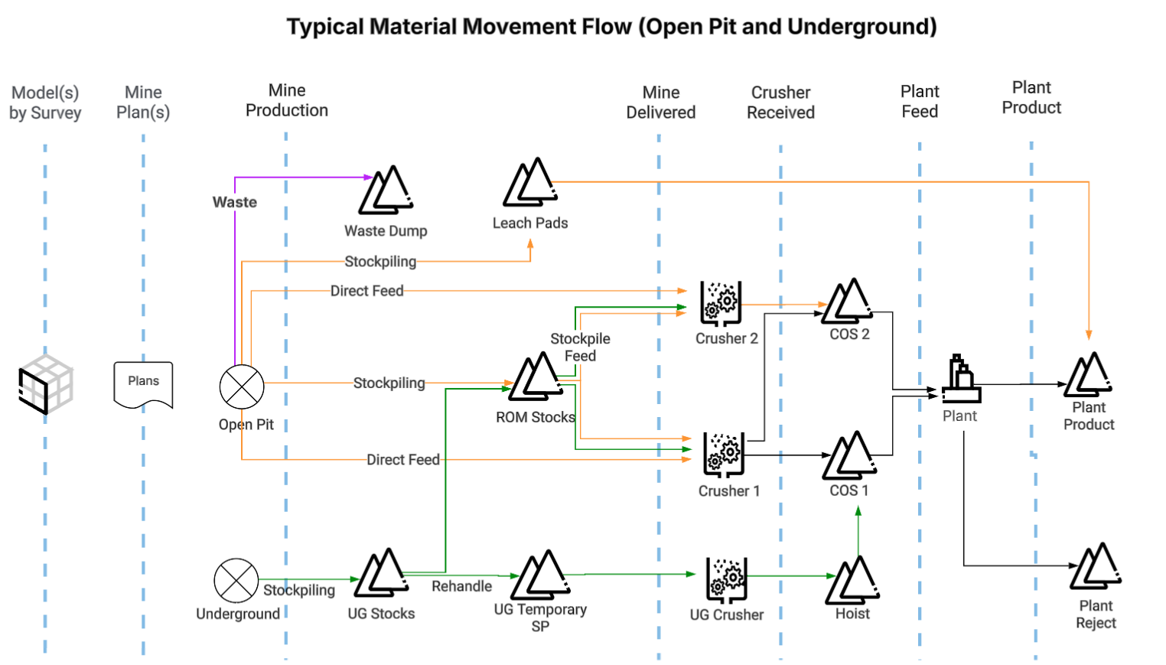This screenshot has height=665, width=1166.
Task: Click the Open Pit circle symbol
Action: coord(242,386)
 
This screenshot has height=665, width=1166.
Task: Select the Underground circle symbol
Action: coord(236,581)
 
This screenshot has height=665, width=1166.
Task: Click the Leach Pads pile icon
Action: coord(529,183)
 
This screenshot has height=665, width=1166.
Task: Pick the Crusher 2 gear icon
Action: coord(721,302)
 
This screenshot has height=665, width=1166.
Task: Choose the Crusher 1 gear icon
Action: coord(723,454)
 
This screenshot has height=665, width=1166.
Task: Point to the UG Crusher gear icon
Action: coord(725,579)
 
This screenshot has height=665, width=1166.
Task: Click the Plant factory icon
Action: coord(961,379)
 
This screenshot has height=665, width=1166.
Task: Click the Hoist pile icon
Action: coord(853,579)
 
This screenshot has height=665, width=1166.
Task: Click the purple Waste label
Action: coord(235,202)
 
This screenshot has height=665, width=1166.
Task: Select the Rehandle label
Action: coord(461,586)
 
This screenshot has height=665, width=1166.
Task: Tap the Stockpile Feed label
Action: coord(580,347)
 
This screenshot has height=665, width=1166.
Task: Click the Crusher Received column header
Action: coord(780,103)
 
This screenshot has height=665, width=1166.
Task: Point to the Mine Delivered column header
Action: coord(660,103)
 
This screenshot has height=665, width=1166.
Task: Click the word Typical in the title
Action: coord(324,27)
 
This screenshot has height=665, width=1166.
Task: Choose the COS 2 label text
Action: coord(849,334)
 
